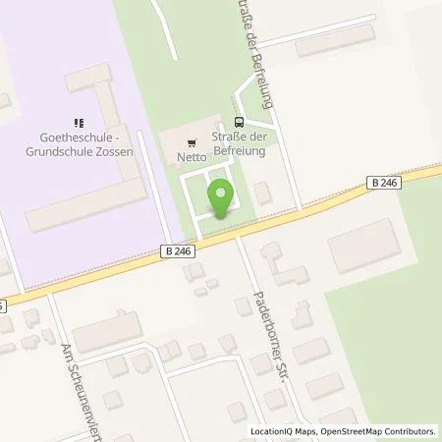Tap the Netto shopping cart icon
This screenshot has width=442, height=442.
191,140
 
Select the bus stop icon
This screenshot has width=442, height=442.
240,121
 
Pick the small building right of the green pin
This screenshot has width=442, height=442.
262,193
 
